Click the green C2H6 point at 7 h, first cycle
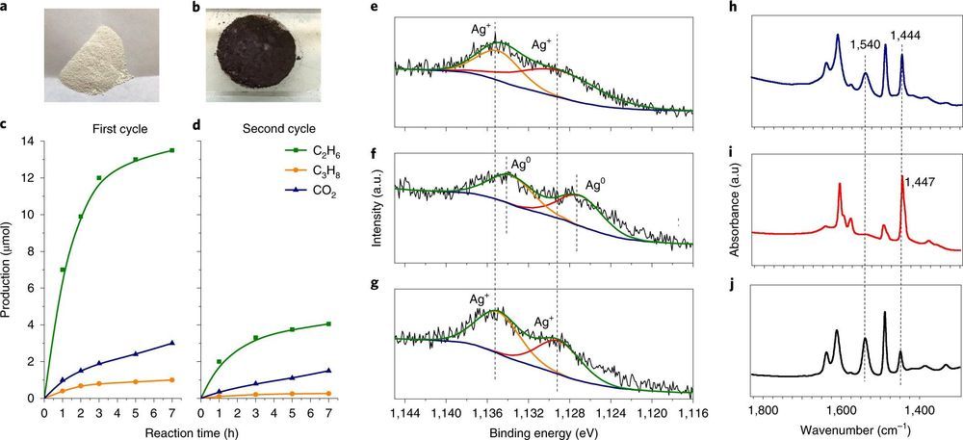pyautogui.click(x=172, y=150)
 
